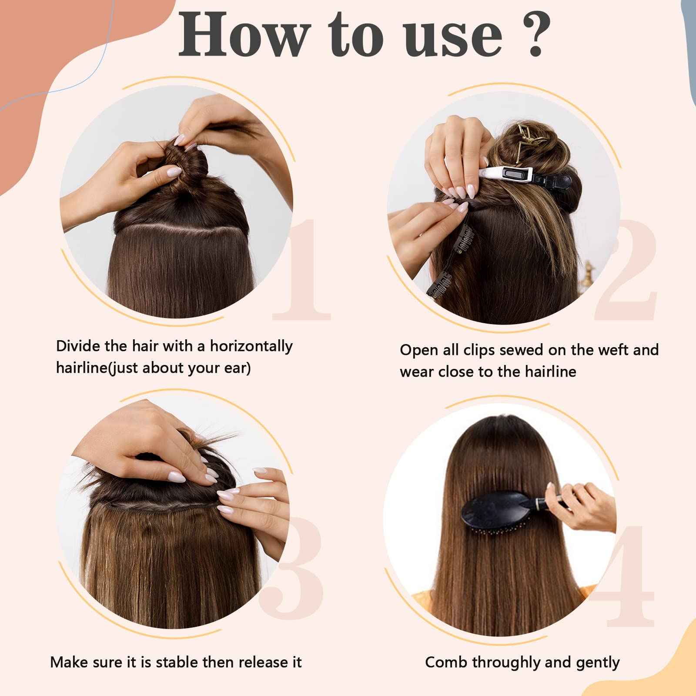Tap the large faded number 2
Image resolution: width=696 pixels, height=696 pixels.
coord(626,270)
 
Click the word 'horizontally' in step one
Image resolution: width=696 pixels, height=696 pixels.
coord(251,346)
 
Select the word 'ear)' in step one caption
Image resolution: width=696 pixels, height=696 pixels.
coord(237,368)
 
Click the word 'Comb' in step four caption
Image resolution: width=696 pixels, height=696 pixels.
coord(446,662)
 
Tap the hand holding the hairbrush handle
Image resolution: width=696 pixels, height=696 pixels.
coord(583,505)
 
